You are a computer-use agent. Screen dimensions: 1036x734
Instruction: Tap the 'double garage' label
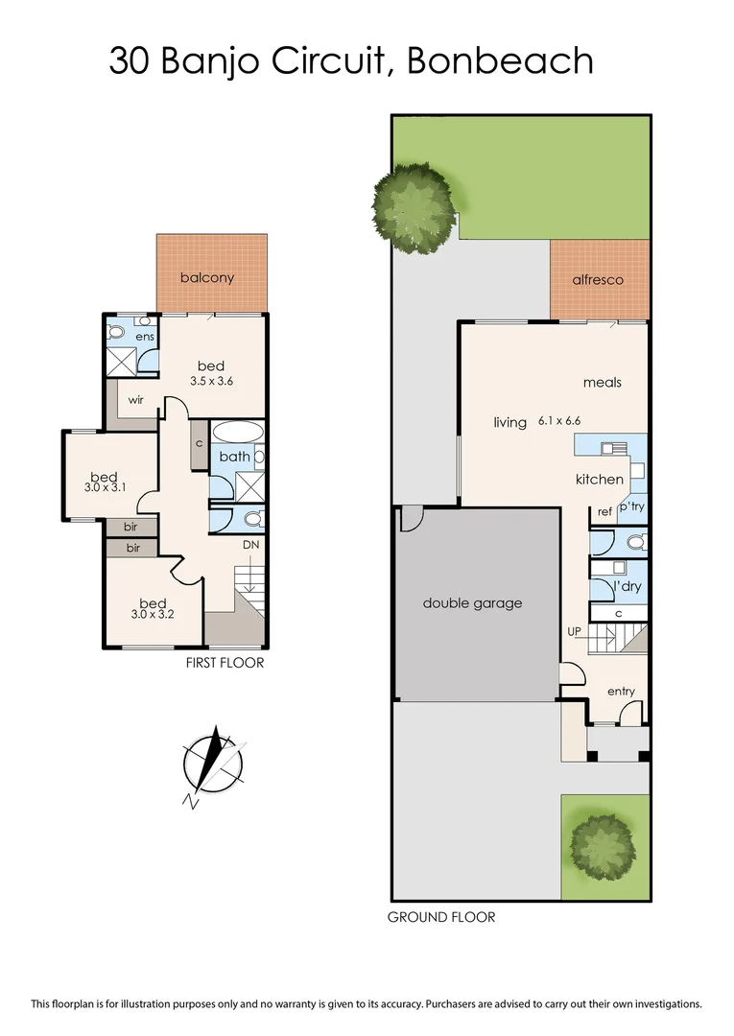point(472,603)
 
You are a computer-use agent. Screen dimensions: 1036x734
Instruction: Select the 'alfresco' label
point(598,280)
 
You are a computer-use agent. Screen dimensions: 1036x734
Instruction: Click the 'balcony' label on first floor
point(207,278)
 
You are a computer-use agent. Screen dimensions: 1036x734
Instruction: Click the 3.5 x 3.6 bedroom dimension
point(210,381)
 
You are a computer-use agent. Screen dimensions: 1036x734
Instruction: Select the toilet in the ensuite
point(117,332)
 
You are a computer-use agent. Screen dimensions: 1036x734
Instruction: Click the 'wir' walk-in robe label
point(135,400)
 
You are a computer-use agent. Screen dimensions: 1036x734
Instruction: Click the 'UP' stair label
point(574,631)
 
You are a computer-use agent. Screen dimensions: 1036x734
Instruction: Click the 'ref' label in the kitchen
point(604,512)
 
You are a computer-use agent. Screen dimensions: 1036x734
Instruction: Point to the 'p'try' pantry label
point(630,506)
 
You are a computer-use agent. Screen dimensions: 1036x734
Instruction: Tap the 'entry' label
point(621,692)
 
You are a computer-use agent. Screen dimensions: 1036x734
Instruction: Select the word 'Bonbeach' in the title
point(500,61)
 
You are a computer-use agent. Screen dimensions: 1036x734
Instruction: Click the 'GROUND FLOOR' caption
point(441,917)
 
